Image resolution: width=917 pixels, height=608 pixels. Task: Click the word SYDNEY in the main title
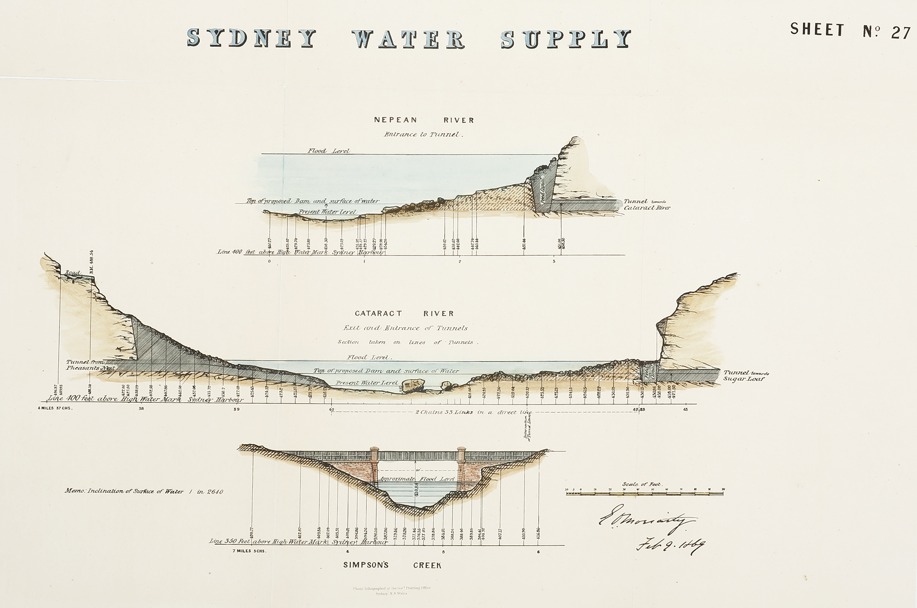(251, 38)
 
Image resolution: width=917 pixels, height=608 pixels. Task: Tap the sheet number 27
(900, 33)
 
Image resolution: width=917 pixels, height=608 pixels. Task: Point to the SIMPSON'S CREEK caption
(392, 565)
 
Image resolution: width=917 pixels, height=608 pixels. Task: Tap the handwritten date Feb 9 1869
(670, 545)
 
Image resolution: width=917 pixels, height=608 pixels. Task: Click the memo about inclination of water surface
(144, 492)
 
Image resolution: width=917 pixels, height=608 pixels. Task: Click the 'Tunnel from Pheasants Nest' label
(89, 365)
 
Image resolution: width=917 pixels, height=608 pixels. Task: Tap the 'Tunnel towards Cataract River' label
(646, 204)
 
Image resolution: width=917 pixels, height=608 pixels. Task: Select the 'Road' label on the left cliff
(72, 273)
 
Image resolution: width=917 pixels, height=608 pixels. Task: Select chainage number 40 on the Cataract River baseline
(331, 409)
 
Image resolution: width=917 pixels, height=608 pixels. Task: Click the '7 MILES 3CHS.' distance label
(249, 551)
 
